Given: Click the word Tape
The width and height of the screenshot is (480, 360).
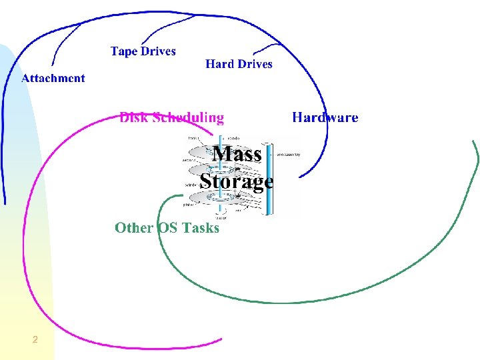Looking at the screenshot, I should (x=123, y=51).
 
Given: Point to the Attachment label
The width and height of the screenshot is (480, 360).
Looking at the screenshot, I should (x=53, y=78).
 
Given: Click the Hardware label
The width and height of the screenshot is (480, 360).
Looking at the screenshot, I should (x=325, y=117).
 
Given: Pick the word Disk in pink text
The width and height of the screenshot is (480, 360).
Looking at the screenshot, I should (x=134, y=118).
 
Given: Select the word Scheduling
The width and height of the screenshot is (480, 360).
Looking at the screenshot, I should (x=189, y=118).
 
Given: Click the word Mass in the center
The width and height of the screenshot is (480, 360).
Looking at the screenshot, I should (x=237, y=154).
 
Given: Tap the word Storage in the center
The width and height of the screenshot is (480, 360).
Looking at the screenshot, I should (x=237, y=181).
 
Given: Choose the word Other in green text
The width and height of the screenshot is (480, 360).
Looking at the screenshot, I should (x=134, y=227).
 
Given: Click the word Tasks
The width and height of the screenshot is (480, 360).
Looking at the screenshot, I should (x=200, y=227).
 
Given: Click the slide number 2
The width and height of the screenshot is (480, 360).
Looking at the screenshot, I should (x=35, y=341).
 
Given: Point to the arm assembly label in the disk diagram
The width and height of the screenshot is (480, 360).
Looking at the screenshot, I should (x=287, y=154).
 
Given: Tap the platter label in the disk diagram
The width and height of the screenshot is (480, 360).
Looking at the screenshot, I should (x=189, y=205).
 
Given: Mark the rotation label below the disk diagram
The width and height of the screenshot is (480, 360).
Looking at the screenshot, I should (x=221, y=217).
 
